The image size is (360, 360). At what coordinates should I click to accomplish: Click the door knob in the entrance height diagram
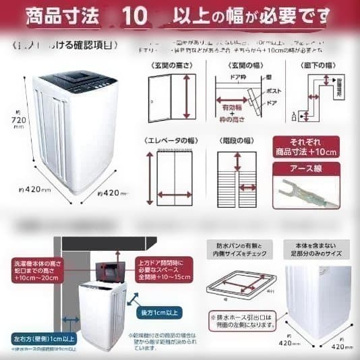(153, 101)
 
